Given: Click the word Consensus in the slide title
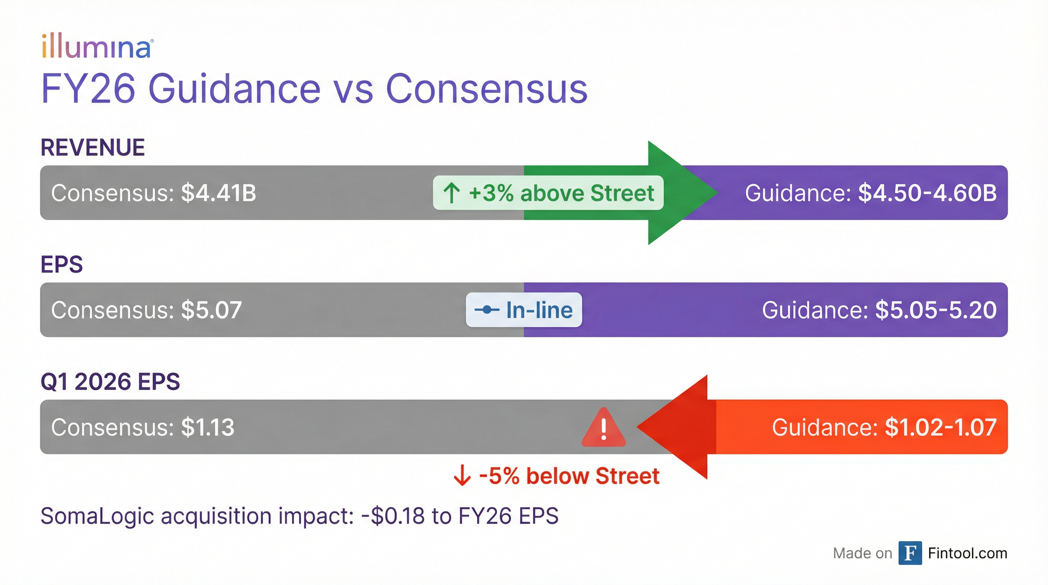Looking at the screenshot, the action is [x=487, y=89].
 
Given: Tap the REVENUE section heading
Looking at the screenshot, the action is [x=93, y=147].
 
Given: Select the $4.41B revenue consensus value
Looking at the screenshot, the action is [x=219, y=193].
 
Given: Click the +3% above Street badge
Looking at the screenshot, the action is [x=548, y=193].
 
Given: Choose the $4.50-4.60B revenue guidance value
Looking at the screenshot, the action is [x=927, y=193].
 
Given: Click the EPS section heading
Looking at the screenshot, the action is [x=62, y=264].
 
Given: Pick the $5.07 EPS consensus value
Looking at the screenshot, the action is [x=212, y=310].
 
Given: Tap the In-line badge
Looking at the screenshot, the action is [x=524, y=310].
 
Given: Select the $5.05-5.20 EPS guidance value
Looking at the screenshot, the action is [x=936, y=310].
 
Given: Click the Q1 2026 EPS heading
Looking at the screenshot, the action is [x=110, y=382].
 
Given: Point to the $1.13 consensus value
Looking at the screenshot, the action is [x=208, y=427].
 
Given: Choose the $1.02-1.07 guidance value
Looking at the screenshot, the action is [x=941, y=427].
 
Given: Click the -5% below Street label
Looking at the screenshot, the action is [x=556, y=476].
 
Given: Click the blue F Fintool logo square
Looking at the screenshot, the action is [x=910, y=553].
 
